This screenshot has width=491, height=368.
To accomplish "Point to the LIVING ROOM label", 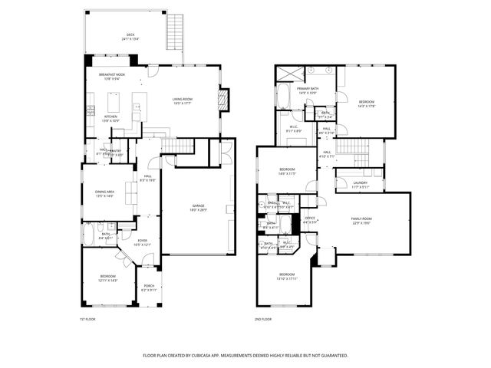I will point(182,100).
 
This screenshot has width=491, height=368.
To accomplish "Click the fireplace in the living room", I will point(223,100).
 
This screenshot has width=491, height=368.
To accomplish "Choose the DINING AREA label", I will point(104,193).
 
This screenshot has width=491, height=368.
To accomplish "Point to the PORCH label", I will point(148,288).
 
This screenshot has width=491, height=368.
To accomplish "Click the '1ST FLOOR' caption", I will point(87,319).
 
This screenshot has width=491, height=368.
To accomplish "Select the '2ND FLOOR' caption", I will point(262,319).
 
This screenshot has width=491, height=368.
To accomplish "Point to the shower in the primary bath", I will point(289,74).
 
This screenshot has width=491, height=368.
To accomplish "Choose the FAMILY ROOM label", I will point(361,221).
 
